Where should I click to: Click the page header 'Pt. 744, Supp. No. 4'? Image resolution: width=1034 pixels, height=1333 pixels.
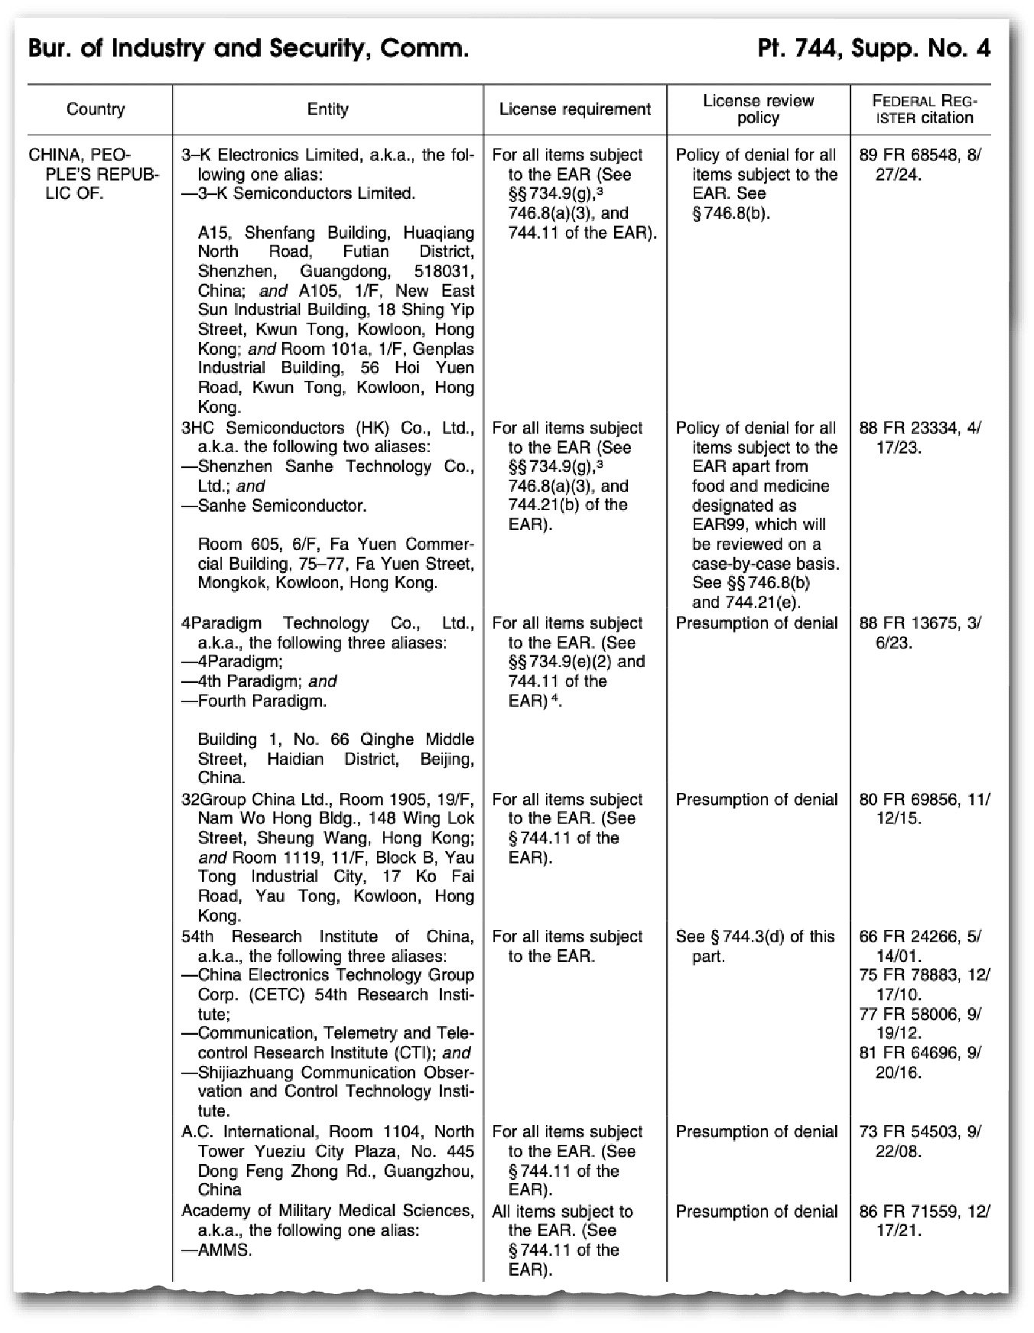coord(873,49)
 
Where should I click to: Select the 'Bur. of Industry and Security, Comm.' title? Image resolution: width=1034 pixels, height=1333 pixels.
coord(248,49)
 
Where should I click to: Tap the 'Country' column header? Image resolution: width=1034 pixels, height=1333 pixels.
coord(96,109)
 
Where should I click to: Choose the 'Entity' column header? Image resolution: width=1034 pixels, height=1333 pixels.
coord(327,109)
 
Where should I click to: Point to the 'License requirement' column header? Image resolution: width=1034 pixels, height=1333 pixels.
coord(574,109)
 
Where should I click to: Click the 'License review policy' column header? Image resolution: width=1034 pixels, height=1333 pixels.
coord(758,109)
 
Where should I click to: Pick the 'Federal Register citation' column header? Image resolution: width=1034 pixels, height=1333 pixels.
coord(924,109)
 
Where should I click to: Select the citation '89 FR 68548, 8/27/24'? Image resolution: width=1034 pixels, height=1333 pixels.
coord(919,164)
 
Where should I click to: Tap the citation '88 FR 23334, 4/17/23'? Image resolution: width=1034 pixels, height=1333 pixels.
coord(919,437)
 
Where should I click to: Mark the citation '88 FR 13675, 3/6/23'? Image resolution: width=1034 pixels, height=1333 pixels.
coord(919,632)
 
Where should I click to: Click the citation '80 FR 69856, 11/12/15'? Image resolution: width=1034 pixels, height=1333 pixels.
coord(924,808)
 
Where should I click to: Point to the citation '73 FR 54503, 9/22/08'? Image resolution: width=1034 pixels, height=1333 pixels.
coord(919,1141)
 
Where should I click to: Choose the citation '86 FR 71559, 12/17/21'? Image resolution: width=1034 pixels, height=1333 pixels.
coord(924,1221)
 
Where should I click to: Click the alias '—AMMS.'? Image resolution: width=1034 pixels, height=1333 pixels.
coord(216,1250)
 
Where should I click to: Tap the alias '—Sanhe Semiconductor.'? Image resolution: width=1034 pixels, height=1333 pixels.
coord(274,506)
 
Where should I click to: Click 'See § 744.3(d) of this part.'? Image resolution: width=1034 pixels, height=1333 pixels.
coord(755,946)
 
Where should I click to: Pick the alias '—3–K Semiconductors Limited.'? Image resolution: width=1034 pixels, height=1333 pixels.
coord(298,193)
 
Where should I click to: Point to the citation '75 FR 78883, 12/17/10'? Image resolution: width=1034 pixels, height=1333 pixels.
coord(924,985)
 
